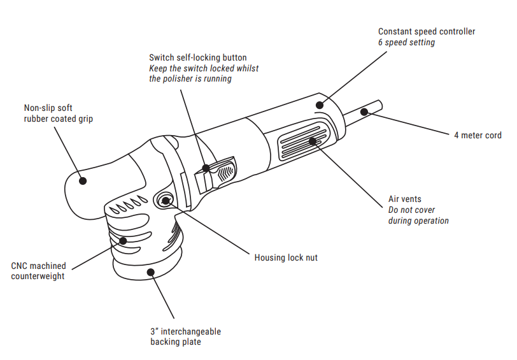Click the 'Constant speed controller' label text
pyautogui.click(x=427, y=31)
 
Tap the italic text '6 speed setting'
pyautogui.click(x=406, y=42)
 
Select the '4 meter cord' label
pyautogui.click(x=478, y=135)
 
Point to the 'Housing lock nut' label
pyautogui.click(x=286, y=257)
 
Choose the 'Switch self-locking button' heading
pyautogui.click(x=197, y=58)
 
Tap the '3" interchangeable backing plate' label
pyautogui.click(x=185, y=336)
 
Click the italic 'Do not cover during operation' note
pyautogui.click(x=418, y=215)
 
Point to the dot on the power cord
pyautogui.click(x=364, y=112)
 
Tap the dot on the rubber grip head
pyautogui.click(x=83, y=180)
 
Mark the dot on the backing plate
pyautogui.click(x=150, y=271)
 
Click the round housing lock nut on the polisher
pyautogui.click(x=166, y=200)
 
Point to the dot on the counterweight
pyautogui.click(x=122, y=240)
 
